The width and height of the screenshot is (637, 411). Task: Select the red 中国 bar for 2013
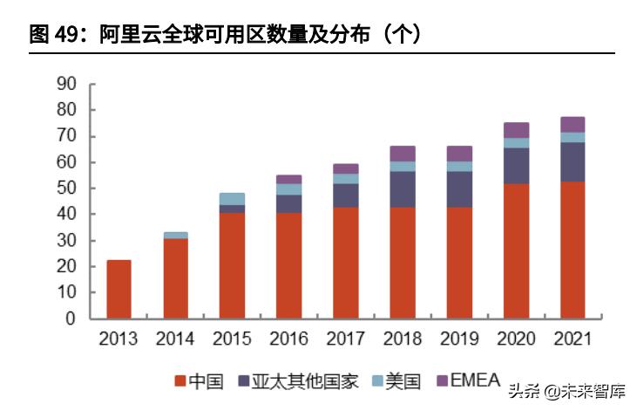coord(119,289)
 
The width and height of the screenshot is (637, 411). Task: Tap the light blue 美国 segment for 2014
coord(175,235)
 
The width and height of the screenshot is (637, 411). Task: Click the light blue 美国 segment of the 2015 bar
coord(232,199)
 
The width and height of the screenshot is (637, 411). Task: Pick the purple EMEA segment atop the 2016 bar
coord(288,179)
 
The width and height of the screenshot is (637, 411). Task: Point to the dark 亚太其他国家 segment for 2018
coord(402,189)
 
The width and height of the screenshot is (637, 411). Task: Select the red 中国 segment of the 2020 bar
coord(516,250)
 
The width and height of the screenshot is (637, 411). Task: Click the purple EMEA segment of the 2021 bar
coord(573,124)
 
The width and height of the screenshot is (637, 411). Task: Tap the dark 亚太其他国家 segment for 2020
coord(516,166)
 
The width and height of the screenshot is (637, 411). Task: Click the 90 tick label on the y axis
coord(66,84)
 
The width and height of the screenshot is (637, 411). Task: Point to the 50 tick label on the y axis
coord(66,188)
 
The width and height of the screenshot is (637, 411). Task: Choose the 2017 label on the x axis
coord(345,339)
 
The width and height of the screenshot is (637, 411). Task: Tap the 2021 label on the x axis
coord(573,339)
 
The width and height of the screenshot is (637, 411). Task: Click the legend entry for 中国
coord(200,380)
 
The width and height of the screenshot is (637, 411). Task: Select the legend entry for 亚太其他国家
coord(297,380)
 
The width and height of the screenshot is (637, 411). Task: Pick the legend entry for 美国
coord(396,380)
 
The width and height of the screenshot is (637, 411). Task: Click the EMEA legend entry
coord(467,380)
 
